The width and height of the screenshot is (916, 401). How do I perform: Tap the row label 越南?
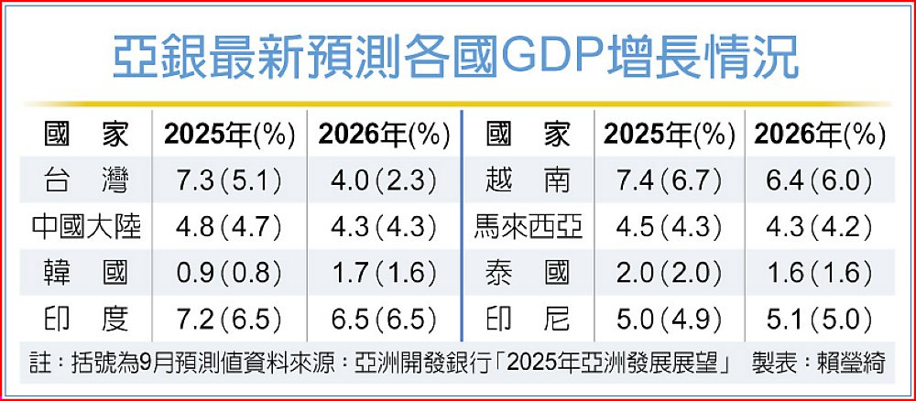(529, 180)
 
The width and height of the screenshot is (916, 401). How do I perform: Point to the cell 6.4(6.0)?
(819, 180)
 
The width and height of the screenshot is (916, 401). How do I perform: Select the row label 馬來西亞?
(529, 226)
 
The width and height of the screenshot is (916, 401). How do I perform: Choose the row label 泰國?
(529, 272)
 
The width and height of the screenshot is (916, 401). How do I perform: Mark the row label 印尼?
(529, 318)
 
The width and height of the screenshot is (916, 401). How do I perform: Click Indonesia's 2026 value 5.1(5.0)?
(819, 318)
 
